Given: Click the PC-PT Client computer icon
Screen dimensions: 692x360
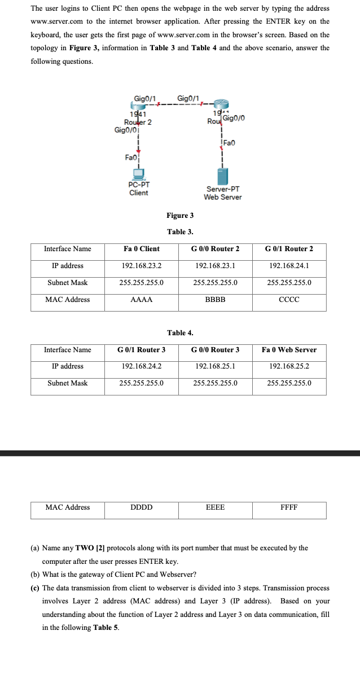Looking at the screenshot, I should coord(138,173).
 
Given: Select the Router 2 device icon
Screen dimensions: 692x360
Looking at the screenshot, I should coord(139,106).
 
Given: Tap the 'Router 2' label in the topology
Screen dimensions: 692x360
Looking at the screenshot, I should coord(138,122).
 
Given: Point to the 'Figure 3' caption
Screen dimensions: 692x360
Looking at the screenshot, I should coord(180,216).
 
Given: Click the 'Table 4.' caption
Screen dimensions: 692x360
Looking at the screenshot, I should coord(180,333).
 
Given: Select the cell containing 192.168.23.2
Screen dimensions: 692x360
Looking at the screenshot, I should coord(142,266).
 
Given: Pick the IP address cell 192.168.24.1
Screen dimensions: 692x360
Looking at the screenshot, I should coord(289,266).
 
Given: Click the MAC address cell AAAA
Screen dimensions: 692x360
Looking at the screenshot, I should coord(142,300).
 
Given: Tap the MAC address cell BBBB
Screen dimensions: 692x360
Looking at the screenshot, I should coord(215,300).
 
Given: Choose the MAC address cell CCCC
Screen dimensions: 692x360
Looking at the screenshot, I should coord(289,300).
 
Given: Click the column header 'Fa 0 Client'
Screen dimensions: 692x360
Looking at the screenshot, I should coord(142,249).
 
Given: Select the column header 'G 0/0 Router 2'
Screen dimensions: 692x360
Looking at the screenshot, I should coord(215,249).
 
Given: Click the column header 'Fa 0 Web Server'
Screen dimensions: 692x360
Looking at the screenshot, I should coord(289,350).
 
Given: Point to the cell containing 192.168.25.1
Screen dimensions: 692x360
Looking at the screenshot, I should coord(215,366).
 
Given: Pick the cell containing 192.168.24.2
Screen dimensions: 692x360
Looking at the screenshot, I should coord(142,366).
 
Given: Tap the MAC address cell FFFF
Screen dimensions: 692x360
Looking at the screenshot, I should coord(289,507).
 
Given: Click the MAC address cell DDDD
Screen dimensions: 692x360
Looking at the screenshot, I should coord(142,507).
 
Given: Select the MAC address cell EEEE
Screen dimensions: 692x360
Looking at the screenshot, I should coord(215,507).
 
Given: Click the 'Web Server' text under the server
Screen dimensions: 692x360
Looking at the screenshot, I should coord(223,197).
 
